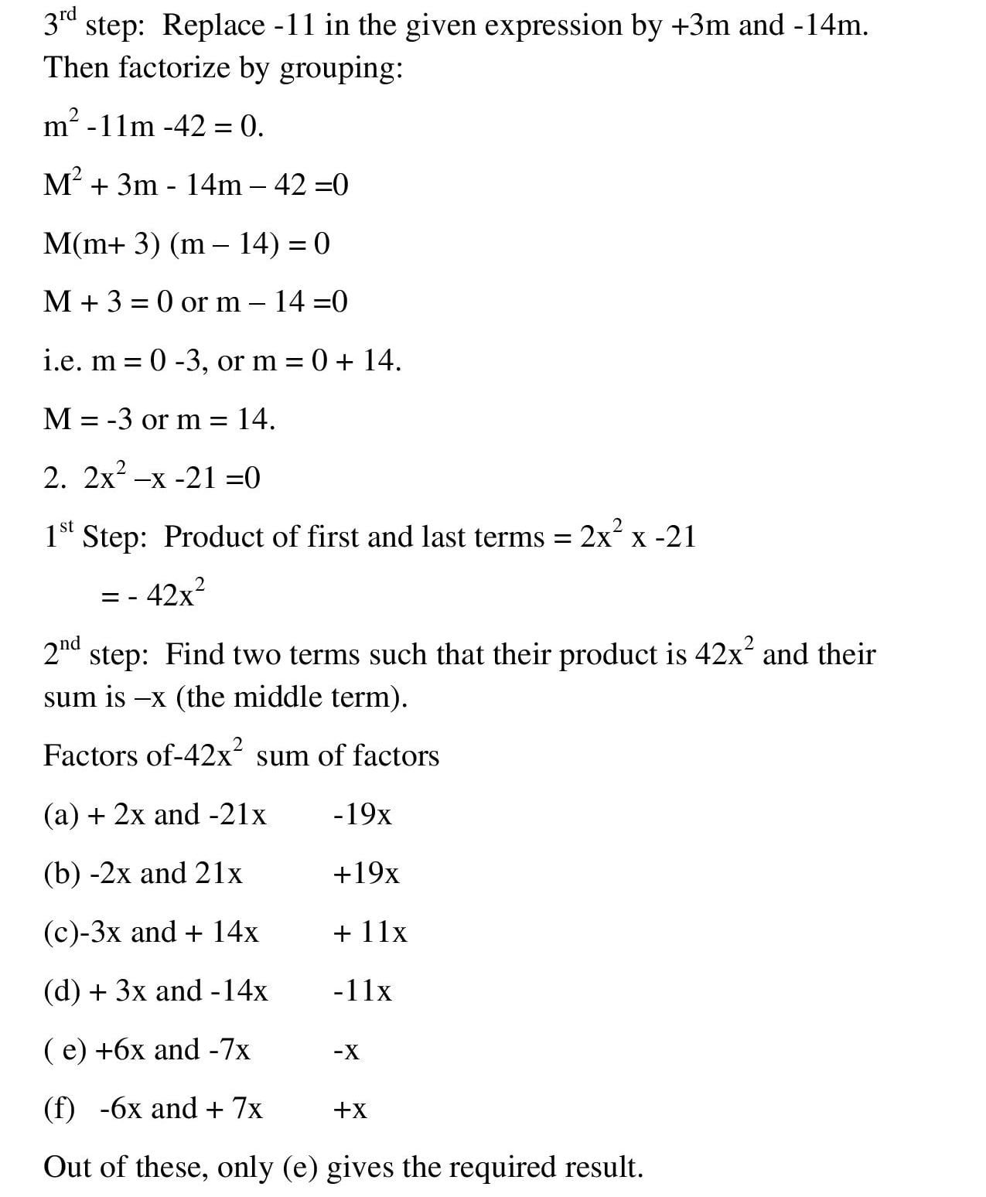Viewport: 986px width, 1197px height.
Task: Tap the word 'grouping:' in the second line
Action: tap(341, 70)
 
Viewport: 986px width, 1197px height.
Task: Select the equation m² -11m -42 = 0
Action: tap(154, 126)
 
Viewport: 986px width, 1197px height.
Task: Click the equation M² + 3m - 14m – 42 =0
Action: tap(196, 185)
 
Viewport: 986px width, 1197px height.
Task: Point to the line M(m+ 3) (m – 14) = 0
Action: tap(186, 244)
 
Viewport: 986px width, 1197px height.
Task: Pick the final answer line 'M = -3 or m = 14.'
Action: tap(159, 419)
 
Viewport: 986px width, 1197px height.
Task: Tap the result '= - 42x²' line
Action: tap(153, 595)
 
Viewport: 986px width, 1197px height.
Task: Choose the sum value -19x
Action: tap(362, 814)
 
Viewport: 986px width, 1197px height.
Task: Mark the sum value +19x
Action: tap(366, 874)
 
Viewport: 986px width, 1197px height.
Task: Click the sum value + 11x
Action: tap(370, 933)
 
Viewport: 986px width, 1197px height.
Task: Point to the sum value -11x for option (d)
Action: tap(362, 991)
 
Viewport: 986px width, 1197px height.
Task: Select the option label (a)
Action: tap(61, 815)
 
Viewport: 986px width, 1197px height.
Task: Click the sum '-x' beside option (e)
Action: tap(346, 1051)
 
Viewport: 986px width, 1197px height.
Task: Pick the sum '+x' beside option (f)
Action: tap(350, 1110)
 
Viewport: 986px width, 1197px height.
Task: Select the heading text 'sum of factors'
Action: tap(347, 755)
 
